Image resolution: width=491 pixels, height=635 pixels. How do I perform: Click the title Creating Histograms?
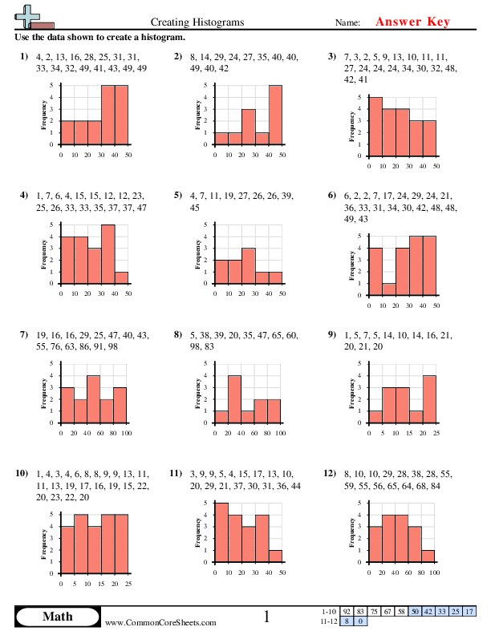pos(197,22)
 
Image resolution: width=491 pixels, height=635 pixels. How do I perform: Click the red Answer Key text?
pos(414,22)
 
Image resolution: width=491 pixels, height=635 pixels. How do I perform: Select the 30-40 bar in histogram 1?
pos(108,115)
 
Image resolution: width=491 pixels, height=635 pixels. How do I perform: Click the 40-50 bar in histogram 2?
pos(275,115)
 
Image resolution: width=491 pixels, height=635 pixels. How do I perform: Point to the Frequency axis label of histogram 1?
pos(43,115)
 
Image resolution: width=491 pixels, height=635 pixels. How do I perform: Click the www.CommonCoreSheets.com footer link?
pos(160,622)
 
